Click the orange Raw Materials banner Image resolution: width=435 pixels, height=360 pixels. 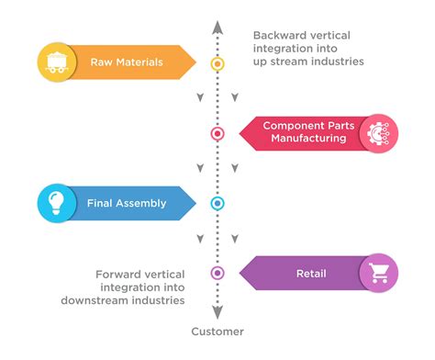(x=128, y=62)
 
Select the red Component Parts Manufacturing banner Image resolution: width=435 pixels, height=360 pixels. (x=303, y=132)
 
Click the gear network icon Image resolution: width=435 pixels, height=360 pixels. (x=377, y=132)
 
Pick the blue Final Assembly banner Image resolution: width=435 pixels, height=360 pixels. (x=128, y=203)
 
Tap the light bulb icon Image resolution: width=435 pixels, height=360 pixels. (x=54, y=203)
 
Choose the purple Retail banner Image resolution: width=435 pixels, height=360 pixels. (x=303, y=273)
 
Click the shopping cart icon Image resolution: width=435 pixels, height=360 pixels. (x=377, y=273)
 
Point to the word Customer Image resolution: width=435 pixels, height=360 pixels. (x=217, y=331)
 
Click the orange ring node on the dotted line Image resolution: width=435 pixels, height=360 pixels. (x=217, y=63)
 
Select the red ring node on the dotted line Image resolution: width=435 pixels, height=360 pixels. (x=217, y=133)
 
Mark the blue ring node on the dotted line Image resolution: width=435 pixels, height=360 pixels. (x=217, y=203)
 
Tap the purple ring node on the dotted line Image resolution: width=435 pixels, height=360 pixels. (x=217, y=273)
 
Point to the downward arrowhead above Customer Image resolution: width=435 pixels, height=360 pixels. (x=217, y=311)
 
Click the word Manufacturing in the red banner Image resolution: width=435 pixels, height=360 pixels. (x=308, y=139)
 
